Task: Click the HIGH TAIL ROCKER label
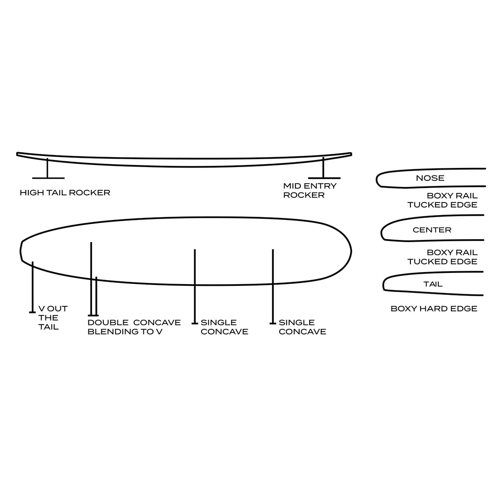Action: coord(65,192)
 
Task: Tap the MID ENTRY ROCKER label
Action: coord(310,190)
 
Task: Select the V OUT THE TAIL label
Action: coord(52,317)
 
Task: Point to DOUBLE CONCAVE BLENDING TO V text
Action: coord(134,327)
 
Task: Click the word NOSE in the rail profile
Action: coord(430,178)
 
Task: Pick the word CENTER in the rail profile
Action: coord(432,230)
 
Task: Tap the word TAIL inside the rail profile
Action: coord(433,284)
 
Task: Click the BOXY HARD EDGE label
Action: coord(434,309)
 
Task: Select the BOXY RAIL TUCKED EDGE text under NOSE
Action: coord(442,200)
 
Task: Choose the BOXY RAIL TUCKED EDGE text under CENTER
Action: coord(442,257)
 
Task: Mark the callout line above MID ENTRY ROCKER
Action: coord(323,168)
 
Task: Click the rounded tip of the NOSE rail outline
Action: coord(377,180)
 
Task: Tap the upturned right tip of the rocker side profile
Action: coord(350,153)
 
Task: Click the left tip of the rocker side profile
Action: coord(17,154)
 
